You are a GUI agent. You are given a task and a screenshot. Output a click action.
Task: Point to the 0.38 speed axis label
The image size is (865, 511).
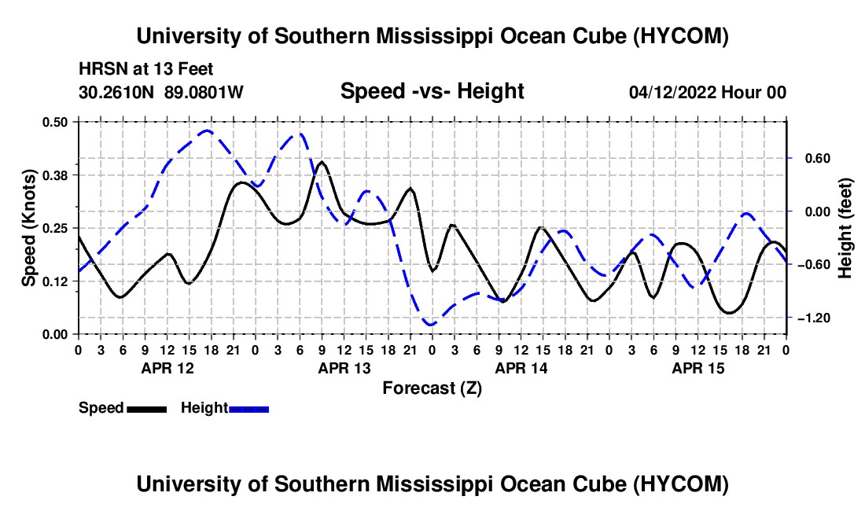55,175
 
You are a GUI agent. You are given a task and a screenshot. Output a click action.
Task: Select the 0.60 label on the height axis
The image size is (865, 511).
818,159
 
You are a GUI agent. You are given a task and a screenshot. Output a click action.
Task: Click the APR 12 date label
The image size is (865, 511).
167,368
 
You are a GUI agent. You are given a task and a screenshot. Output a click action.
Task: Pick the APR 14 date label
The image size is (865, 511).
521,368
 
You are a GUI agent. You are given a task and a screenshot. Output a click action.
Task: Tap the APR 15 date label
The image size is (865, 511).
698,368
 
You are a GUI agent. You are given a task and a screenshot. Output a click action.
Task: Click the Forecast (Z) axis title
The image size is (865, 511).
432,388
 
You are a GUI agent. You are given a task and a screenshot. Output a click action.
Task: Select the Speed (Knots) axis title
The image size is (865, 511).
29,228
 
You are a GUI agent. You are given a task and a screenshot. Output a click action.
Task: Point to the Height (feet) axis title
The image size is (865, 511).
845,228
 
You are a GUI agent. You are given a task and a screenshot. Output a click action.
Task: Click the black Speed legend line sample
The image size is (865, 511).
147,409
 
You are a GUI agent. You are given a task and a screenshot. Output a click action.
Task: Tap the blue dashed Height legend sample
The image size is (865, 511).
248,409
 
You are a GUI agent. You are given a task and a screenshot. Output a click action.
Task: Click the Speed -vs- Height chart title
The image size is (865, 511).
432,91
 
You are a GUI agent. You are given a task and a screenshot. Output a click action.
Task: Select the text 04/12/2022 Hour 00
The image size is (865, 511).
708,93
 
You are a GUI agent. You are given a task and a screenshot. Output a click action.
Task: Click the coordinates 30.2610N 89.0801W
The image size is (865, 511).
161,93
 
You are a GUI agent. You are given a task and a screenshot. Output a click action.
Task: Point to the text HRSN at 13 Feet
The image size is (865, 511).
145,69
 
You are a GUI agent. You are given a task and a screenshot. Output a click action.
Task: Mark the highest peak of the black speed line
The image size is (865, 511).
322,162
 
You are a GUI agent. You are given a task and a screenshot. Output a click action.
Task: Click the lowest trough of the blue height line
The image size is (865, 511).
431,325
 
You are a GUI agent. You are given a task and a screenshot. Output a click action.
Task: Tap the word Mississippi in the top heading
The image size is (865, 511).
433,37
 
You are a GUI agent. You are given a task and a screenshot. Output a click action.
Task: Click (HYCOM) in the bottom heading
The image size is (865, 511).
680,484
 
